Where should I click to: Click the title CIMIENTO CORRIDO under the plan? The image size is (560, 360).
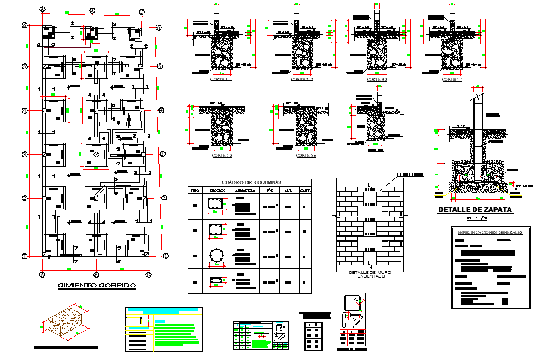click(97, 285)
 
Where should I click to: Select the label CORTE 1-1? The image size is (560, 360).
click(221, 80)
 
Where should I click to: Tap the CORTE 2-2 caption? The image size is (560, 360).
click(302, 80)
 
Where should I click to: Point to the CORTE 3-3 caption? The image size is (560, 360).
click(377, 80)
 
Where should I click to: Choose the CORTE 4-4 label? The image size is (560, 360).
click(452, 80)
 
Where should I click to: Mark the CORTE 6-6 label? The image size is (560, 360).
click(306, 156)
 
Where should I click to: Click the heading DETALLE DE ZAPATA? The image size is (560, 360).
click(475, 210)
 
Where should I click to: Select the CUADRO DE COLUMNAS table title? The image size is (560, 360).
click(250, 182)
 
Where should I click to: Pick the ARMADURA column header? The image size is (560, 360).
click(244, 190)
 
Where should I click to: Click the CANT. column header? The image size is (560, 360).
click(305, 190)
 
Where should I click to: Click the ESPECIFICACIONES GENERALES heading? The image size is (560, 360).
click(491, 232)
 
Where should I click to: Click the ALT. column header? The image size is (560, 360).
click(288, 190)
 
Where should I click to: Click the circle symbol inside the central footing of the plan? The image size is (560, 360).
click(96, 155)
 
